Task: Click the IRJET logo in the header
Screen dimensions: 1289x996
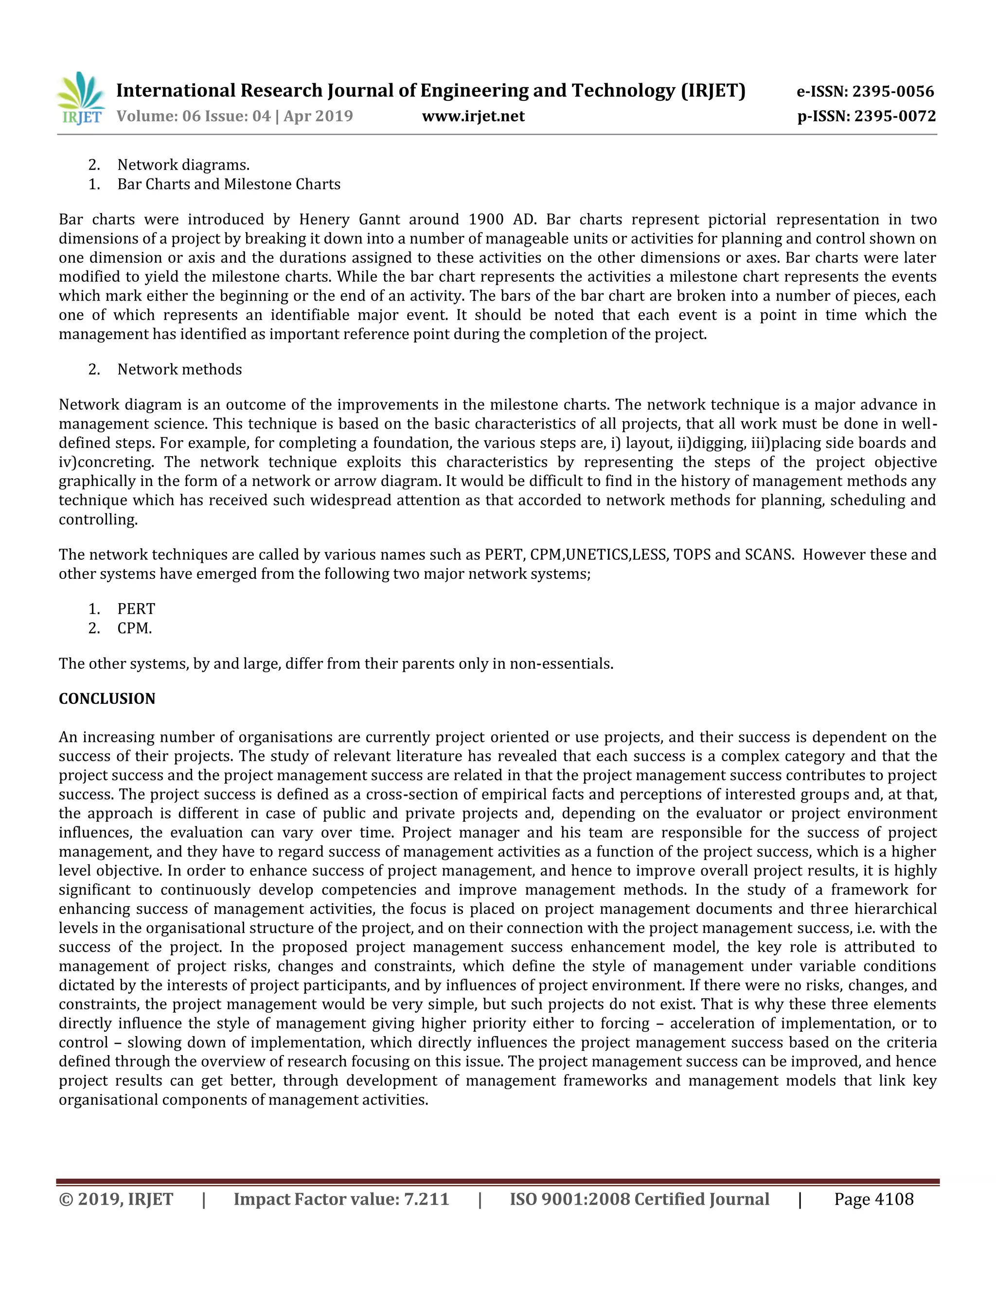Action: click(x=81, y=99)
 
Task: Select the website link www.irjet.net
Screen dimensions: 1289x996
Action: click(x=473, y=116)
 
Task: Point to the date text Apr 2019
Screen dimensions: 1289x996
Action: click(x=318, y=116)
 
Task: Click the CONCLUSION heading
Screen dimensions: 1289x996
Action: click(x=107, y=699)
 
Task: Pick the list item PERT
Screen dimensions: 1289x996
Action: click(x=136, y=609)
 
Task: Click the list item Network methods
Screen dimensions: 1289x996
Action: click(x=179, y=370)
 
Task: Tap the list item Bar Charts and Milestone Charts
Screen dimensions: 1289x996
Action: click(x=229, y=184)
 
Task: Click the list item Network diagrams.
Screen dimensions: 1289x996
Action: click(x=183, y=165)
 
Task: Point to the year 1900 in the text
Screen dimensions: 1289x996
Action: click(x=486, y=219)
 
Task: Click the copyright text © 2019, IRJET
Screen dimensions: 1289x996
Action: click(x=116, y=1199)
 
